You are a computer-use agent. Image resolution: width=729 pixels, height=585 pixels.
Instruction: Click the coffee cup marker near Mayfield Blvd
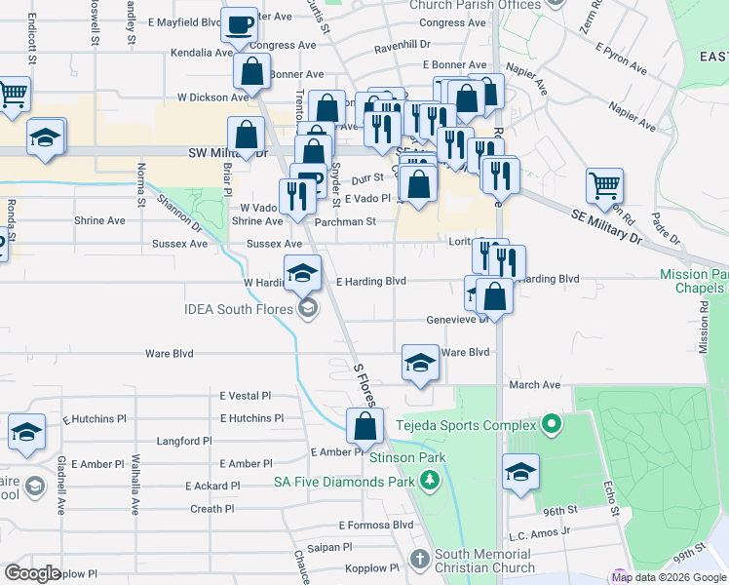[239, 24]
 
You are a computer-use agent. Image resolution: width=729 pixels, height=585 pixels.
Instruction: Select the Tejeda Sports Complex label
[466, 425]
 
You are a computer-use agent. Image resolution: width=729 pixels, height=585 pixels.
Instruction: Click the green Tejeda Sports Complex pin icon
[552, 425]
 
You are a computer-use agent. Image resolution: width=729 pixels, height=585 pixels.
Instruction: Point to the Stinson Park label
[407, 456]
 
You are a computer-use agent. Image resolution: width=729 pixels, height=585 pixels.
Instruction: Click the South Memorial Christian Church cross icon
[419, 560]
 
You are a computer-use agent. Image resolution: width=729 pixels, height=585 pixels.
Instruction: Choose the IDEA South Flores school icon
[308, 310]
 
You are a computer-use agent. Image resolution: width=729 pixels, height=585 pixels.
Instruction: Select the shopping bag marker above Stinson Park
[364, 426]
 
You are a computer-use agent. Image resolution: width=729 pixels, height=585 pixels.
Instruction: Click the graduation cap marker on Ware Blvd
[420, 364]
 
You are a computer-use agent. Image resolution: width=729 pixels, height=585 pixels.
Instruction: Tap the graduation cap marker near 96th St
[520, 473]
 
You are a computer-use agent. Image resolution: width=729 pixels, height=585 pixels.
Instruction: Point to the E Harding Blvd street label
[370, 281]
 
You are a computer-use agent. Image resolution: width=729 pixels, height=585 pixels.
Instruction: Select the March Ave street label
[534, 385]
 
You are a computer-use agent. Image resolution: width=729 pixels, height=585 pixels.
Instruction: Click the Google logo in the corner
[32, 573]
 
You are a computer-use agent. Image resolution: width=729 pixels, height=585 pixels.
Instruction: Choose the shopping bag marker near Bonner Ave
[251, 71]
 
